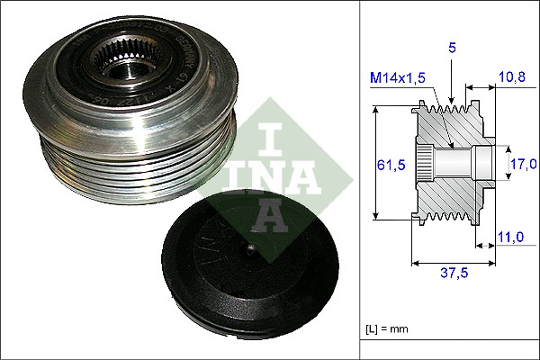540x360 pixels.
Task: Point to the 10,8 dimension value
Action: tap(512, 78)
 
